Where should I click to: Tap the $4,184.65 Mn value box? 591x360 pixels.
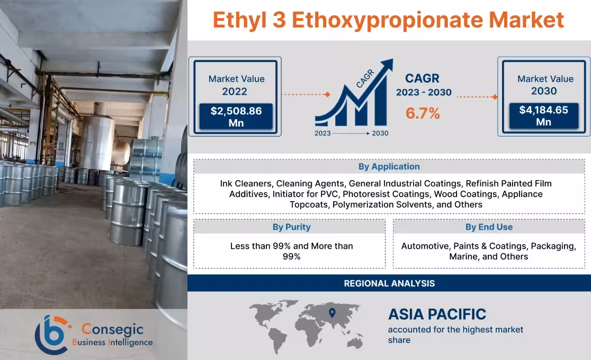[x=544, y=116]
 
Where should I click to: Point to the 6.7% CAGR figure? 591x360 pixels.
[x=423, y=113]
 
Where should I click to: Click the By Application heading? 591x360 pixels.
[x=389, y=166]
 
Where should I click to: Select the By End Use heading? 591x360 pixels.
[x=489, y=227]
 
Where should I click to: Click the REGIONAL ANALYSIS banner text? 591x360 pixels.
[x=389, y=283]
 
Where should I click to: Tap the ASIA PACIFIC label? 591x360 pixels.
[x=437, y=314]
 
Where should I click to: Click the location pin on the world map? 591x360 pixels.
[x=333, y=313]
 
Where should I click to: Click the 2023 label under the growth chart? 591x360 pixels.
[x=324, y=133]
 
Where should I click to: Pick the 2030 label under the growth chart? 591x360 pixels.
[x=380, y=133]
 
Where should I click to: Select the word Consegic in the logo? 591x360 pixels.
[x=105, y=329]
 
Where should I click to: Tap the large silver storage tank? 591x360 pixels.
[x=96, y=143]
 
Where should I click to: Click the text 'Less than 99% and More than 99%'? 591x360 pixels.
[x=291, y=251]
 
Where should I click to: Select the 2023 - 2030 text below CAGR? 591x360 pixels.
[x=424, y=93]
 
